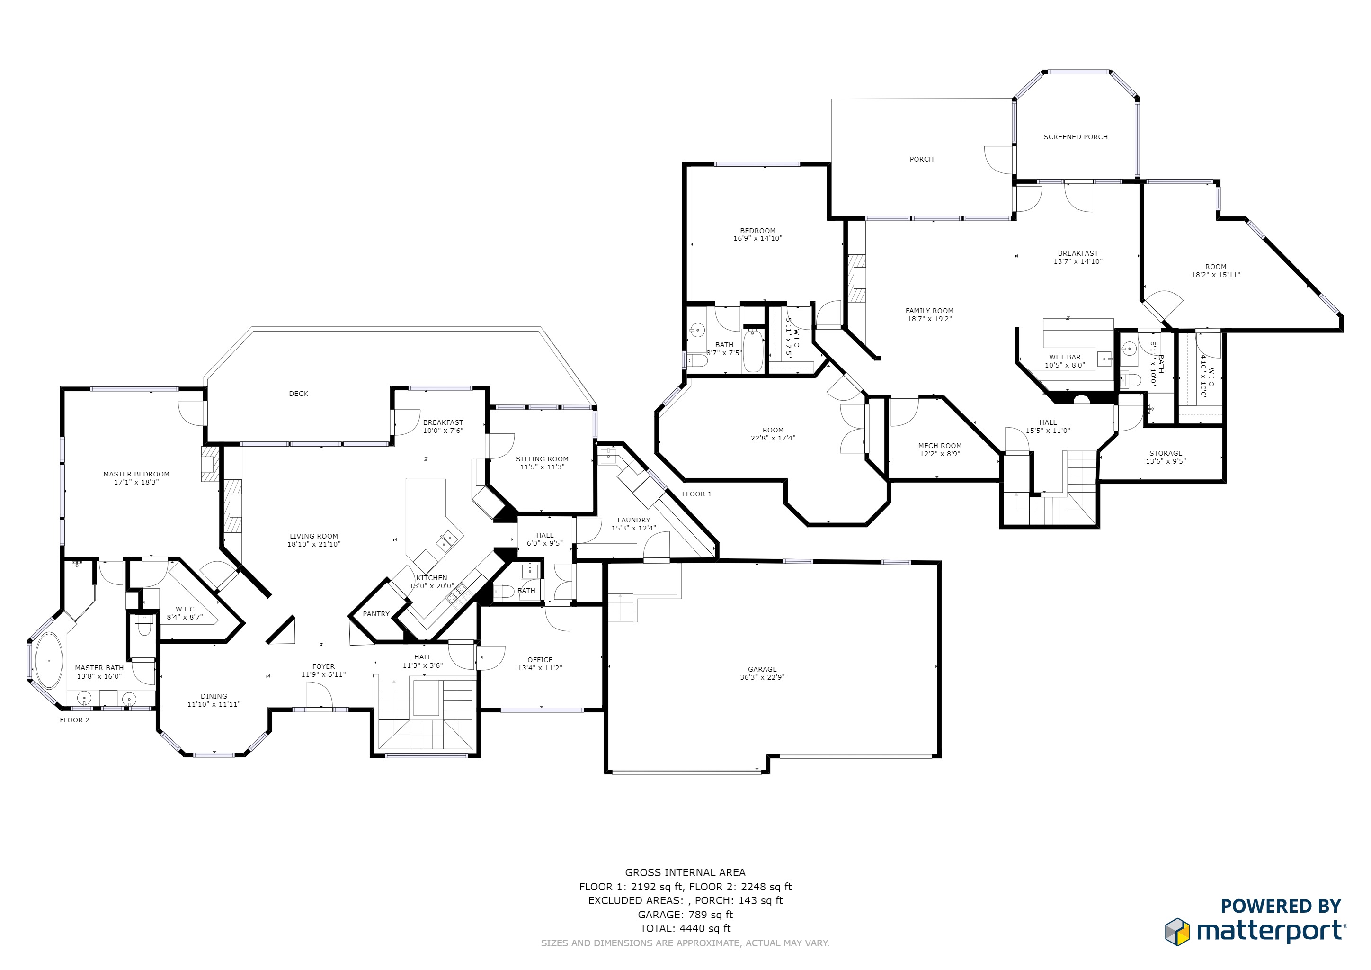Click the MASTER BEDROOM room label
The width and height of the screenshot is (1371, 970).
136,474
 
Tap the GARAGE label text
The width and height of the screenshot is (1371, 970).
763,670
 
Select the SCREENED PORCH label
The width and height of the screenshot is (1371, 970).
1076,137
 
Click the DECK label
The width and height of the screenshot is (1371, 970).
299,394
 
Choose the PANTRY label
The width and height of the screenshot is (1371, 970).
376,614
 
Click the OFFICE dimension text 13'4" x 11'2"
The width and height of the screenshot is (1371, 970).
540,668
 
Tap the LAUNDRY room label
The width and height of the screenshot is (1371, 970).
633,520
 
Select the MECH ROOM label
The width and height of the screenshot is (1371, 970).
940,446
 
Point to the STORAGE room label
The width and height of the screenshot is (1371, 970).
1166,453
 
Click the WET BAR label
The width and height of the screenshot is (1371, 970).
1065,357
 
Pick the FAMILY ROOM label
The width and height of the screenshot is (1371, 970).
929,311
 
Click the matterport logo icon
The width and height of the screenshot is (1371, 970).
1177,932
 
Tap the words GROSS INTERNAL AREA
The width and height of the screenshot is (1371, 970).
685,872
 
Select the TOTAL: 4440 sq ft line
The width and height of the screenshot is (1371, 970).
685,928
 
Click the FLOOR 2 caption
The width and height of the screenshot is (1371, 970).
75,720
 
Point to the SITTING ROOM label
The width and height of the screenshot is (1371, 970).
542,459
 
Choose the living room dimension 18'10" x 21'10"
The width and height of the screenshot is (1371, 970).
314,544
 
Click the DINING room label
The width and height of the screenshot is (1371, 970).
214,696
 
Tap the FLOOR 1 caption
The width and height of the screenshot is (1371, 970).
697,494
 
